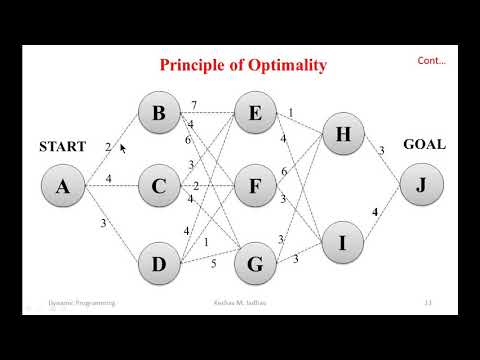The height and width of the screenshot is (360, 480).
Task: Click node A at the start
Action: (x=62, y=186)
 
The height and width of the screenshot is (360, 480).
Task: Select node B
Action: (x=158, y=113)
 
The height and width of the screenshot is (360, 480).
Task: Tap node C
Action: (x=158, y=186)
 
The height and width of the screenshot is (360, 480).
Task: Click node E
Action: (x=255, y=113)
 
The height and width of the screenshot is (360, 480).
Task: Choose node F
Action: (x=255, y=186)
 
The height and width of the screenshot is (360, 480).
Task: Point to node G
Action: (x=255, y=265)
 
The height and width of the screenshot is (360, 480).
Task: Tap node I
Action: (x=343, y=241)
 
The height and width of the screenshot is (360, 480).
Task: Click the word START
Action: (x=62, y=146)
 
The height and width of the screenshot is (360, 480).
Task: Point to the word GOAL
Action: (x=424, y=144)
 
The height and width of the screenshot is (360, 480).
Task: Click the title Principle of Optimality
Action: (x=244, y=65)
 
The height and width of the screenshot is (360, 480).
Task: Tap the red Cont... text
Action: (x=432, y=61)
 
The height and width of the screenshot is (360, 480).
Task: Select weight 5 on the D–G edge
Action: (x=212, y=264)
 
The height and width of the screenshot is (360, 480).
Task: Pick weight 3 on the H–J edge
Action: (x=381, y=151)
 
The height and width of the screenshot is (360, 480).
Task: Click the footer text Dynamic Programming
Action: (x=82, y=301)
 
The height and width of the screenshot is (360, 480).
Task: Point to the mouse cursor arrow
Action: (x=123, y=149)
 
